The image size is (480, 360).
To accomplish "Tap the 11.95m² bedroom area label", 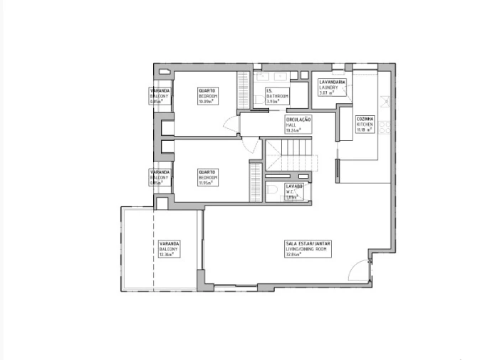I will click(207, 177).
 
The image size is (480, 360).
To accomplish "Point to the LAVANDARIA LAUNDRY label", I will click(332, 88).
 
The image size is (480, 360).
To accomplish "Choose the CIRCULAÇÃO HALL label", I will click(298, 125).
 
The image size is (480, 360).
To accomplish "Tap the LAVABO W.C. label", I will click(294, 190).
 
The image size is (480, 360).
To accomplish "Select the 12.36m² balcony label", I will click(169, 248).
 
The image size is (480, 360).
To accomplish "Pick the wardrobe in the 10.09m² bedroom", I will click(243, 88).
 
